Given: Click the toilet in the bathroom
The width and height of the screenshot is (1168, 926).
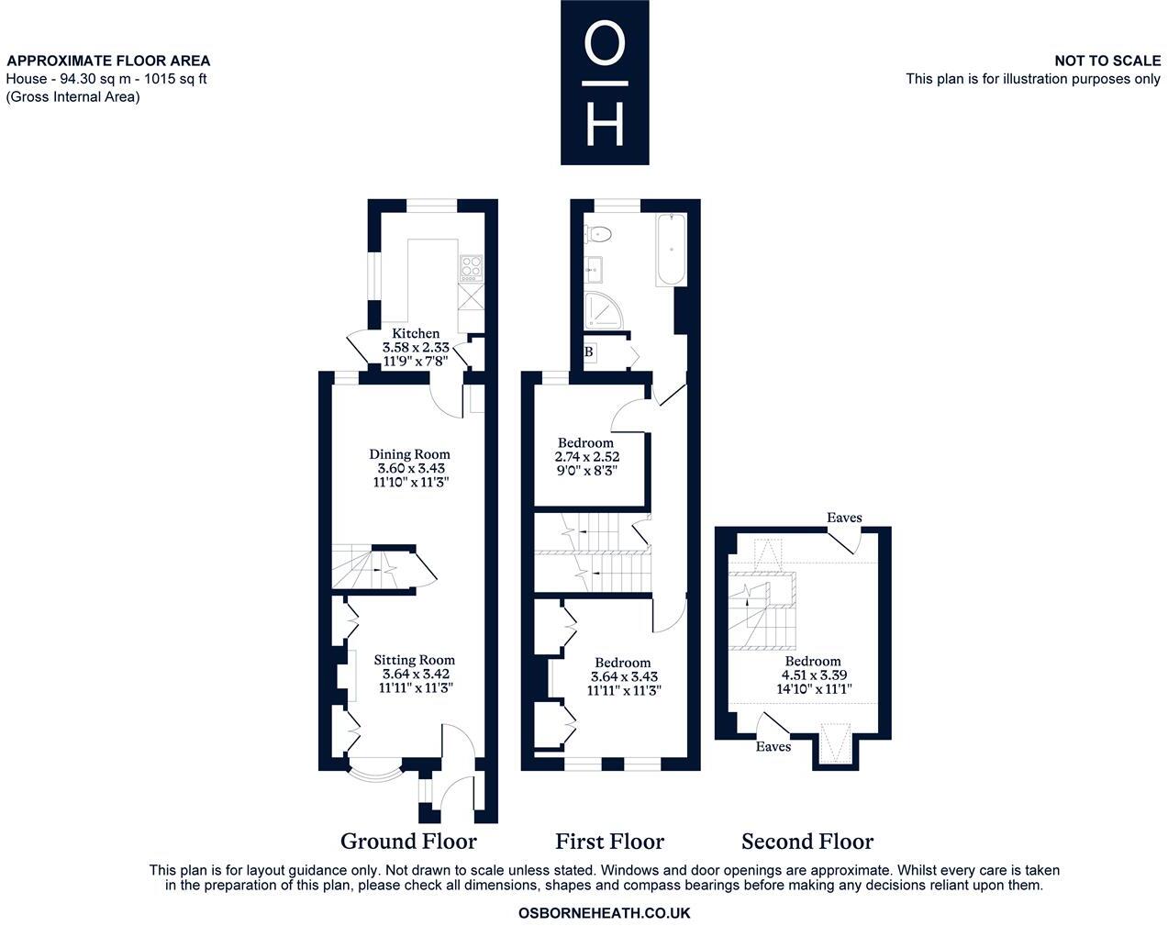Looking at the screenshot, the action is (598, 235).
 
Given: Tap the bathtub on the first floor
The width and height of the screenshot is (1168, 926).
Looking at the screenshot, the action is (672, 250).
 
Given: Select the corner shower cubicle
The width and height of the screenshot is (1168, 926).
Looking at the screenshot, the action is (604, 311).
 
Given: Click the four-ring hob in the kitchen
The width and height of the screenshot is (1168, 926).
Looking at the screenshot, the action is (471, 268).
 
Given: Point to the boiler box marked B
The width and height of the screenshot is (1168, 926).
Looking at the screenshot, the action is (589, 351).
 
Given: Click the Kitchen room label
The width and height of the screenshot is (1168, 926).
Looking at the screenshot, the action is (416, 333).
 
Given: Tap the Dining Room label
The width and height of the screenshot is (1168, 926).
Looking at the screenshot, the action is (410, 454).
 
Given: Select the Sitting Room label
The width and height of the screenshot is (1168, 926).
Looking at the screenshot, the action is (414, 660).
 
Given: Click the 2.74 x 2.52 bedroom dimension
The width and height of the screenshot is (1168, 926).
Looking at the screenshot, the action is (587, 457).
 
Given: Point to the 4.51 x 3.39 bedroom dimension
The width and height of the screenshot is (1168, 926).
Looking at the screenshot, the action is (814, 675).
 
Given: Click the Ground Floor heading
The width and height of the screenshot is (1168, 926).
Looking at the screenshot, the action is (408, 842).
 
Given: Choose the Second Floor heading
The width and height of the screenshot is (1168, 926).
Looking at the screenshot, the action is (807, 842).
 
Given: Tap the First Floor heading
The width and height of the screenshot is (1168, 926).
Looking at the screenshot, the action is (609, 842).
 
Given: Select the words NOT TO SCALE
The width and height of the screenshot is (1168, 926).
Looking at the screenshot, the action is (1107, 61).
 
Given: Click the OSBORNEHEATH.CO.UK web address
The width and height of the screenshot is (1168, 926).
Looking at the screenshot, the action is (604, 913).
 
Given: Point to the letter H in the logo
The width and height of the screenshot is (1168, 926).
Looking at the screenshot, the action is (605, 125).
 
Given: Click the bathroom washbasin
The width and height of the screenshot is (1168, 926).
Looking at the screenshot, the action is (594, 269).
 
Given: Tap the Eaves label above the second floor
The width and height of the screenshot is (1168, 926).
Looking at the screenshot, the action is (844, 517).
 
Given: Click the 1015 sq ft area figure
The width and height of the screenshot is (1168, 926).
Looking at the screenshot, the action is (175, 79).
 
